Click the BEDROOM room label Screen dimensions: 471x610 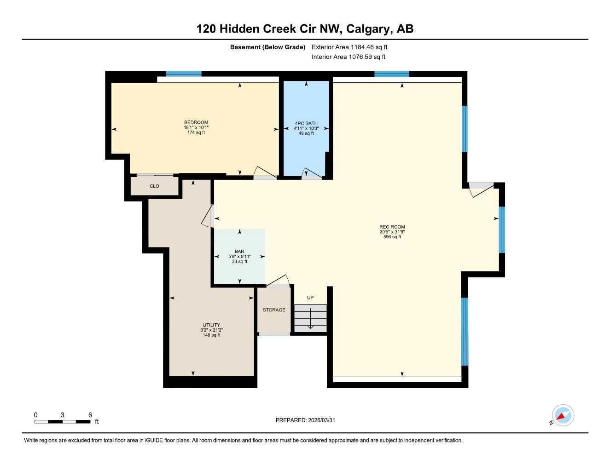pyautogui.click(x=196, y=122)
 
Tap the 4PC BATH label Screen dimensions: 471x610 pyautogui.click(x=306, y=123)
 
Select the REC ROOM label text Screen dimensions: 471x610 pyautogui.click(x=392, y=227)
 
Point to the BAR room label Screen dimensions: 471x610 pyautogui.click(x=239, y=252)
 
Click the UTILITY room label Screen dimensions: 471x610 pyautogui.click(x=211, y=325)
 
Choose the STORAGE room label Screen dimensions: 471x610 pyautogui.click(x=274, y=310)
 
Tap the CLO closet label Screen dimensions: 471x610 pyautogui.click(x=154, y=186)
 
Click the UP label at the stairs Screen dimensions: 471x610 pyautogui.click(x=310, y=298)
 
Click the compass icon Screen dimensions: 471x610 pyautogui.click(x=563, y=416)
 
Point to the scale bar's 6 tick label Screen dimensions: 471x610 pyautogui.click(x=90, y=415)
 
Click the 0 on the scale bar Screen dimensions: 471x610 pyautogui.click(x=35, y=415)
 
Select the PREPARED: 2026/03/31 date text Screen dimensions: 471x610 pyautogui.click(x=305, y=420)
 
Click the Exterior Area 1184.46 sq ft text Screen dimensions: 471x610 pyautogui.click(x=349, y=47)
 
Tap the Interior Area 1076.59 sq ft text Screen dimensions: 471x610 pyautogui.click(x=349, y=57)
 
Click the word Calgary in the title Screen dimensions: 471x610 pyautogui.click(x=367, y=29)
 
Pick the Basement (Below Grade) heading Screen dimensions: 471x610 pyautogui.click(x=267, y=47)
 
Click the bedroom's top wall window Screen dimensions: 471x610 pyautogui.click(x=184, y=74)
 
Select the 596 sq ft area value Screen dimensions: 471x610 pyautogui.click(x=392, y=237)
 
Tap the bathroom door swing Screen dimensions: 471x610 pyautogui.click(x=312, y=173)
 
